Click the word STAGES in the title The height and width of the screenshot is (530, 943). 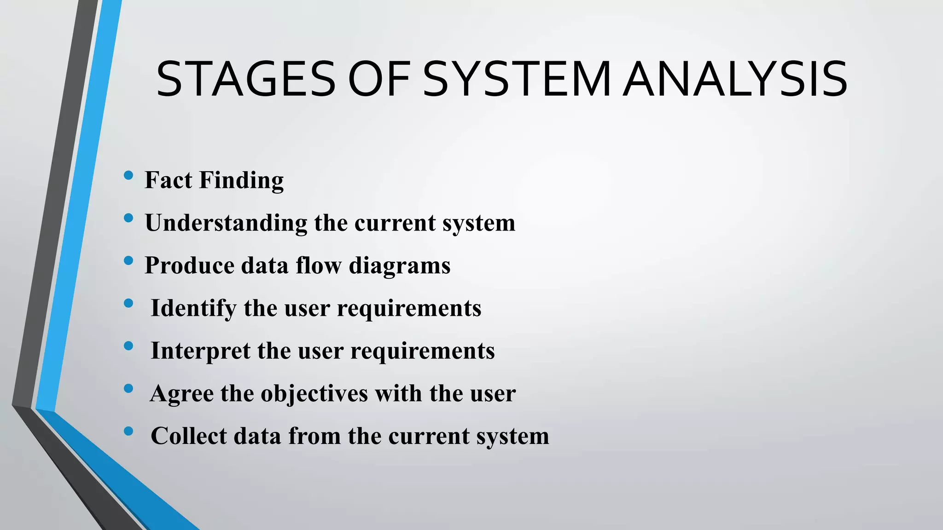click(x=246, y=80)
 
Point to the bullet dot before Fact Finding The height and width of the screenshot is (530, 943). click(x=128, y=175)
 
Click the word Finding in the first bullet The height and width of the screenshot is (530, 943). click(x=241, y=180)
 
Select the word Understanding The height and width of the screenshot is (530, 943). click(x=226, y=223)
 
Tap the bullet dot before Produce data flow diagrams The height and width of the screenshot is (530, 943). click(x=128, y=261)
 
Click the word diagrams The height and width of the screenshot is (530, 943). click(x=400, y=265)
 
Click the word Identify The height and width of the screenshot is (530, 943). click(x=193, y=308)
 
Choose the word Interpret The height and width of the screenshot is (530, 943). click(x=200, y=351)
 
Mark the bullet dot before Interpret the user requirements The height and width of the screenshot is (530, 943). click(x=128, y=346)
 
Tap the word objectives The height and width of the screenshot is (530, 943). click(x=314, y=394)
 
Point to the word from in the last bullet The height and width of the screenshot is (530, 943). click(x=314, y=436)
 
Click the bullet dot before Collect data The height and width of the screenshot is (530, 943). click(x=128, y=432)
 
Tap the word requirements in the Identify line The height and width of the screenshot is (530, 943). click(x=409, y=308)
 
